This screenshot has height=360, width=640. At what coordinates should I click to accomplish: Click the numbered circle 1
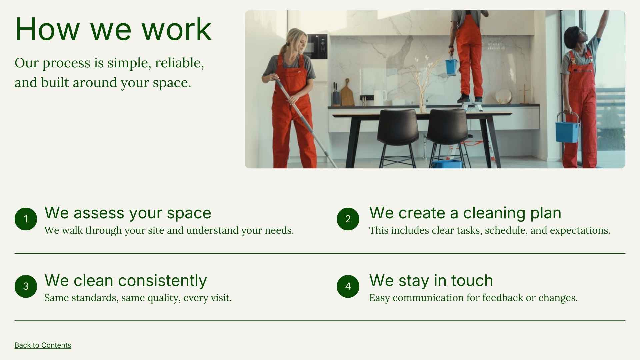click(26, 219)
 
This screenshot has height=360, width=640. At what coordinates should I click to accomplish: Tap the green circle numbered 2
click(348, 219)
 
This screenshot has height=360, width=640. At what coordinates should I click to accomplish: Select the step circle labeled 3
click(26, 286)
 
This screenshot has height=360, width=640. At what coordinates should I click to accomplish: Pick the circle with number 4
click(348, 286)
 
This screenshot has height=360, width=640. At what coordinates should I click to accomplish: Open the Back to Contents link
click(43, 345)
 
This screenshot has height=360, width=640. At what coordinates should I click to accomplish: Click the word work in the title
click(177, 29)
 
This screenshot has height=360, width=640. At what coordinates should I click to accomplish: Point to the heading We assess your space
click(128, 213)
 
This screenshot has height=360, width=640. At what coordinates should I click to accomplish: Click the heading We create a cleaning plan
click(465, 213)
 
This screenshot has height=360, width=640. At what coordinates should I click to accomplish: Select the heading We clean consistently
click(125, 280)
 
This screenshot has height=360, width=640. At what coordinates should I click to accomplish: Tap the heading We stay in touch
click(431, 280)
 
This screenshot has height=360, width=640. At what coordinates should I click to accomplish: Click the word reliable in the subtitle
click(179, 63)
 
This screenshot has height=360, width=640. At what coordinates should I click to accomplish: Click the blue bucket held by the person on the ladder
click(451, 67)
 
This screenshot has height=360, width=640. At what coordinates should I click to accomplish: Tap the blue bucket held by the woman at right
click(567, 131)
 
